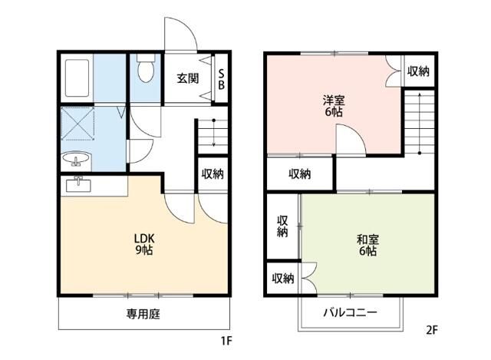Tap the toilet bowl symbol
144,71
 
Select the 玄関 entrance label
187,78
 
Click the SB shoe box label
222,78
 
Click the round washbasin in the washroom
77,160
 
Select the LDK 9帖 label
144,243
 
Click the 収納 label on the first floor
213,173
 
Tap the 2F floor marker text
431,332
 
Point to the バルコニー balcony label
350,313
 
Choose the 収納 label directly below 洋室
299,173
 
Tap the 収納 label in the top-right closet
418,71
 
